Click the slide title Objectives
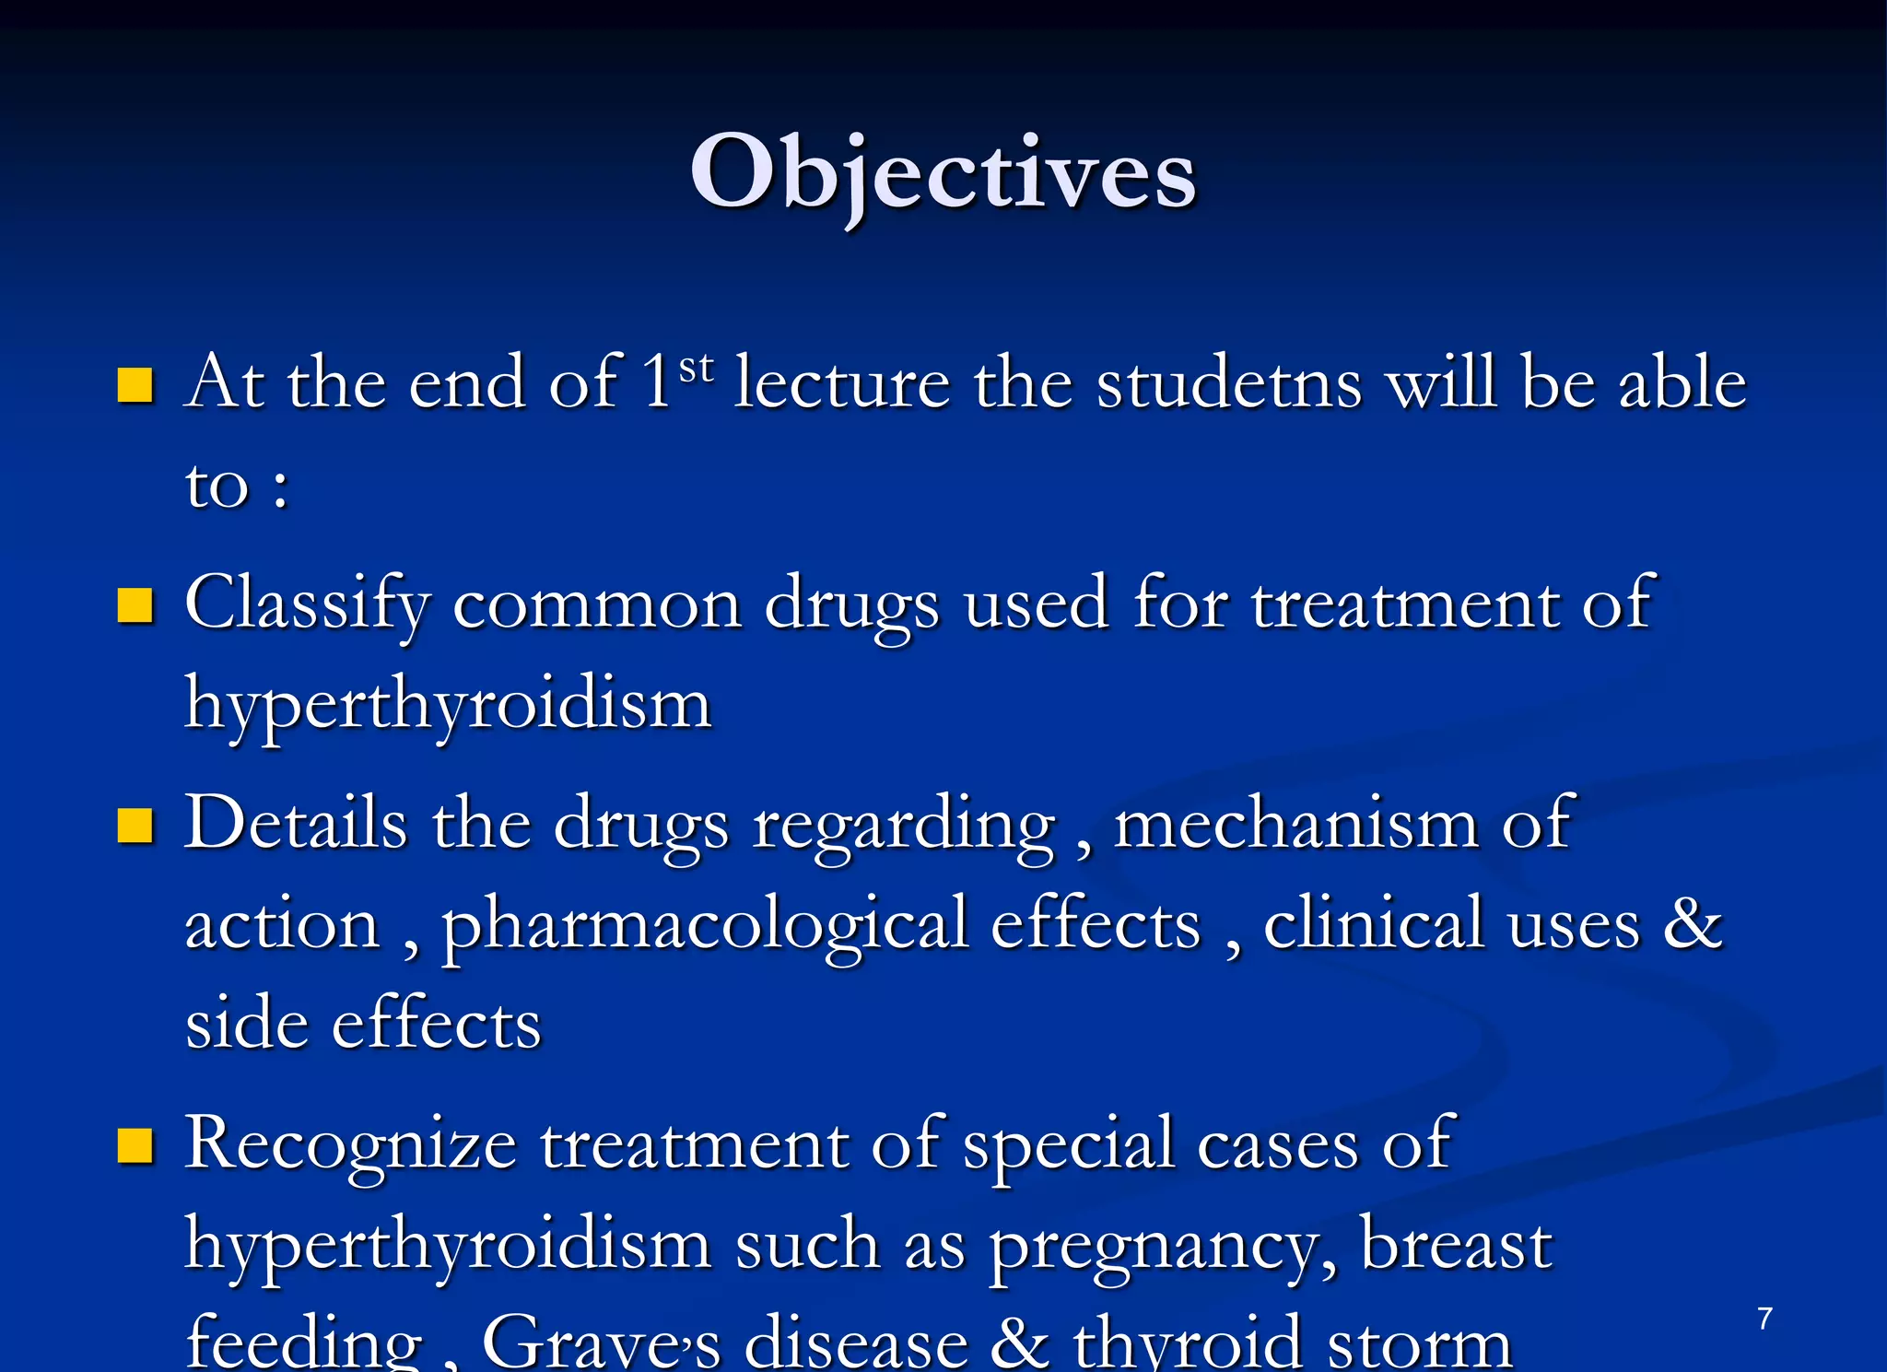pos(943,173)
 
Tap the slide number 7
pos(1764,1319)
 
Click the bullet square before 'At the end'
pos(135,386)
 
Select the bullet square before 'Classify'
pos(135,606)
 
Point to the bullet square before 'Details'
pos(135,826)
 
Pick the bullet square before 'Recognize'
pos(135,1146)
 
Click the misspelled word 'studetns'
pos(1229,382)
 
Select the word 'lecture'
pos(842,382)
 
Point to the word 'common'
pos(597,604)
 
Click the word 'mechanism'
pos(1295,823)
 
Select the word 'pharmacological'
pos(705,925)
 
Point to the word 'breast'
pos(1456,1244)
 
